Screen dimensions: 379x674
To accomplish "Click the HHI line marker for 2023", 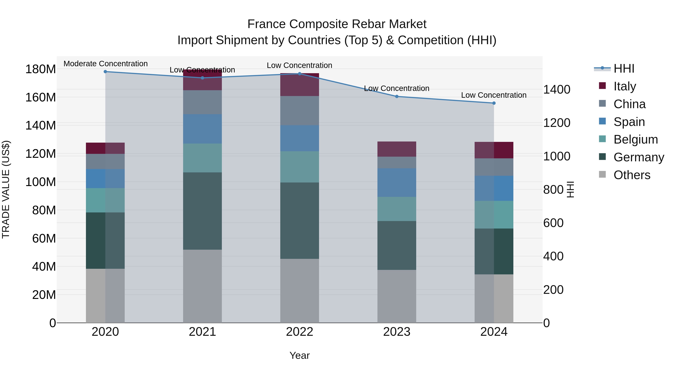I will point(397,97).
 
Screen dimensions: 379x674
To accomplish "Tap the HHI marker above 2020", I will point(105,72).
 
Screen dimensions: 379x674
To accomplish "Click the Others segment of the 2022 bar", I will point(299,291).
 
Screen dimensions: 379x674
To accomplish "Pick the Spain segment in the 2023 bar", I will point(397,182).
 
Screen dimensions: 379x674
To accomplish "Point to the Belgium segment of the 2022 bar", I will point(299,167).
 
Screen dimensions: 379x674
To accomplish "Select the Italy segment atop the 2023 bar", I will point(397,149).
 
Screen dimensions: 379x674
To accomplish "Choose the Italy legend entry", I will point(625,86).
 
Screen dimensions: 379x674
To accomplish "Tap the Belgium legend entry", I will point(636,139).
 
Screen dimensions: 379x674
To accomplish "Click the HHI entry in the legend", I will point(624,69).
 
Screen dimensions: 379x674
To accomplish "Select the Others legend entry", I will point(632,175).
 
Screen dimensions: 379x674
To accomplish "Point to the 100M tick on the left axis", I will point(41,182).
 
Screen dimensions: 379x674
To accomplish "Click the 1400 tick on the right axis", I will point(557,89).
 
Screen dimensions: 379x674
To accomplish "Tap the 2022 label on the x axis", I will point(299,332).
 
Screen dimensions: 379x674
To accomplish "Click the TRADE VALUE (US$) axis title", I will point(6,189).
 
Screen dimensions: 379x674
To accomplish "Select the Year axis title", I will point(299,355).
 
